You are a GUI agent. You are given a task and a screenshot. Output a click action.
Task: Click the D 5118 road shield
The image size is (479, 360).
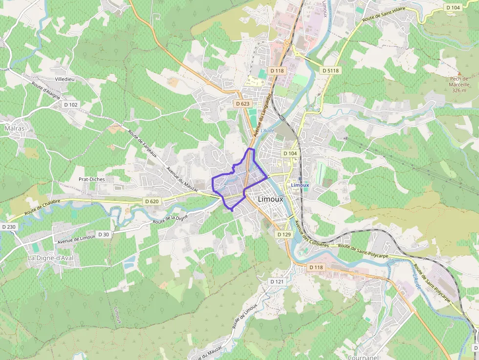(x=330, y=71)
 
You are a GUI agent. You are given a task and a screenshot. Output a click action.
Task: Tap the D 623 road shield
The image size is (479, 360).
(x=242, y=104)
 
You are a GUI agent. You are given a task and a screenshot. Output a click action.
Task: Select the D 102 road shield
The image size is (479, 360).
(x=71, y=105)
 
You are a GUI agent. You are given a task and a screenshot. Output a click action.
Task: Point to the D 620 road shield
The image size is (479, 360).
(x=152, y=201)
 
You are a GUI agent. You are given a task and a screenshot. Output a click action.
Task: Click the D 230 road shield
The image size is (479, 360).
(x=9, y=227)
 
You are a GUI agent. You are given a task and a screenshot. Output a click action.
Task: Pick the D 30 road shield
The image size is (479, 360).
(x=104, y=234)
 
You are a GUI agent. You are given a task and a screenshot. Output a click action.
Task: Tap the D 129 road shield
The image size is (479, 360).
(x=284, y=234)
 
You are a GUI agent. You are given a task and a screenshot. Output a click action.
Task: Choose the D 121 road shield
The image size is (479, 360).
(x=277, y=282)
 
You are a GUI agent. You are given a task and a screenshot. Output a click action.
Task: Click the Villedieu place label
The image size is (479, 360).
(x=65, y=79)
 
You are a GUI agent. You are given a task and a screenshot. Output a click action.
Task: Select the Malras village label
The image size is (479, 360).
(x=14, y=128)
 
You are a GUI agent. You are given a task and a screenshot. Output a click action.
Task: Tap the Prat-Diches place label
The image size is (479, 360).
(x=92, y=179)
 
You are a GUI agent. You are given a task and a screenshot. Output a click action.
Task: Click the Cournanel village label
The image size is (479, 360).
(x=364, y=357)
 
